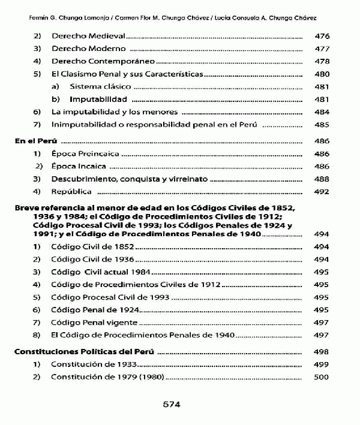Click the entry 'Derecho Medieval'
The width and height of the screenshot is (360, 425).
click(x=89, y=37)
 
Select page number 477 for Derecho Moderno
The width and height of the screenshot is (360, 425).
click(x=322, y=49)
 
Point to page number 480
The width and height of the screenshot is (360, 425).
click(x=322, y=74)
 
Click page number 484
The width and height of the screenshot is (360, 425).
click(x=322, y=112)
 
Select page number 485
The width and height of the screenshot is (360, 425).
click(x=322, y=125)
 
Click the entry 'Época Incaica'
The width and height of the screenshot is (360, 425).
click(x=79, y=167)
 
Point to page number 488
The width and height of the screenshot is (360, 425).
click(x=322, y=179)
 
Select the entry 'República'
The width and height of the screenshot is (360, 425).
click(x=71, y=192)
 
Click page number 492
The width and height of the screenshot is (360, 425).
click(x=322, y=192)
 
